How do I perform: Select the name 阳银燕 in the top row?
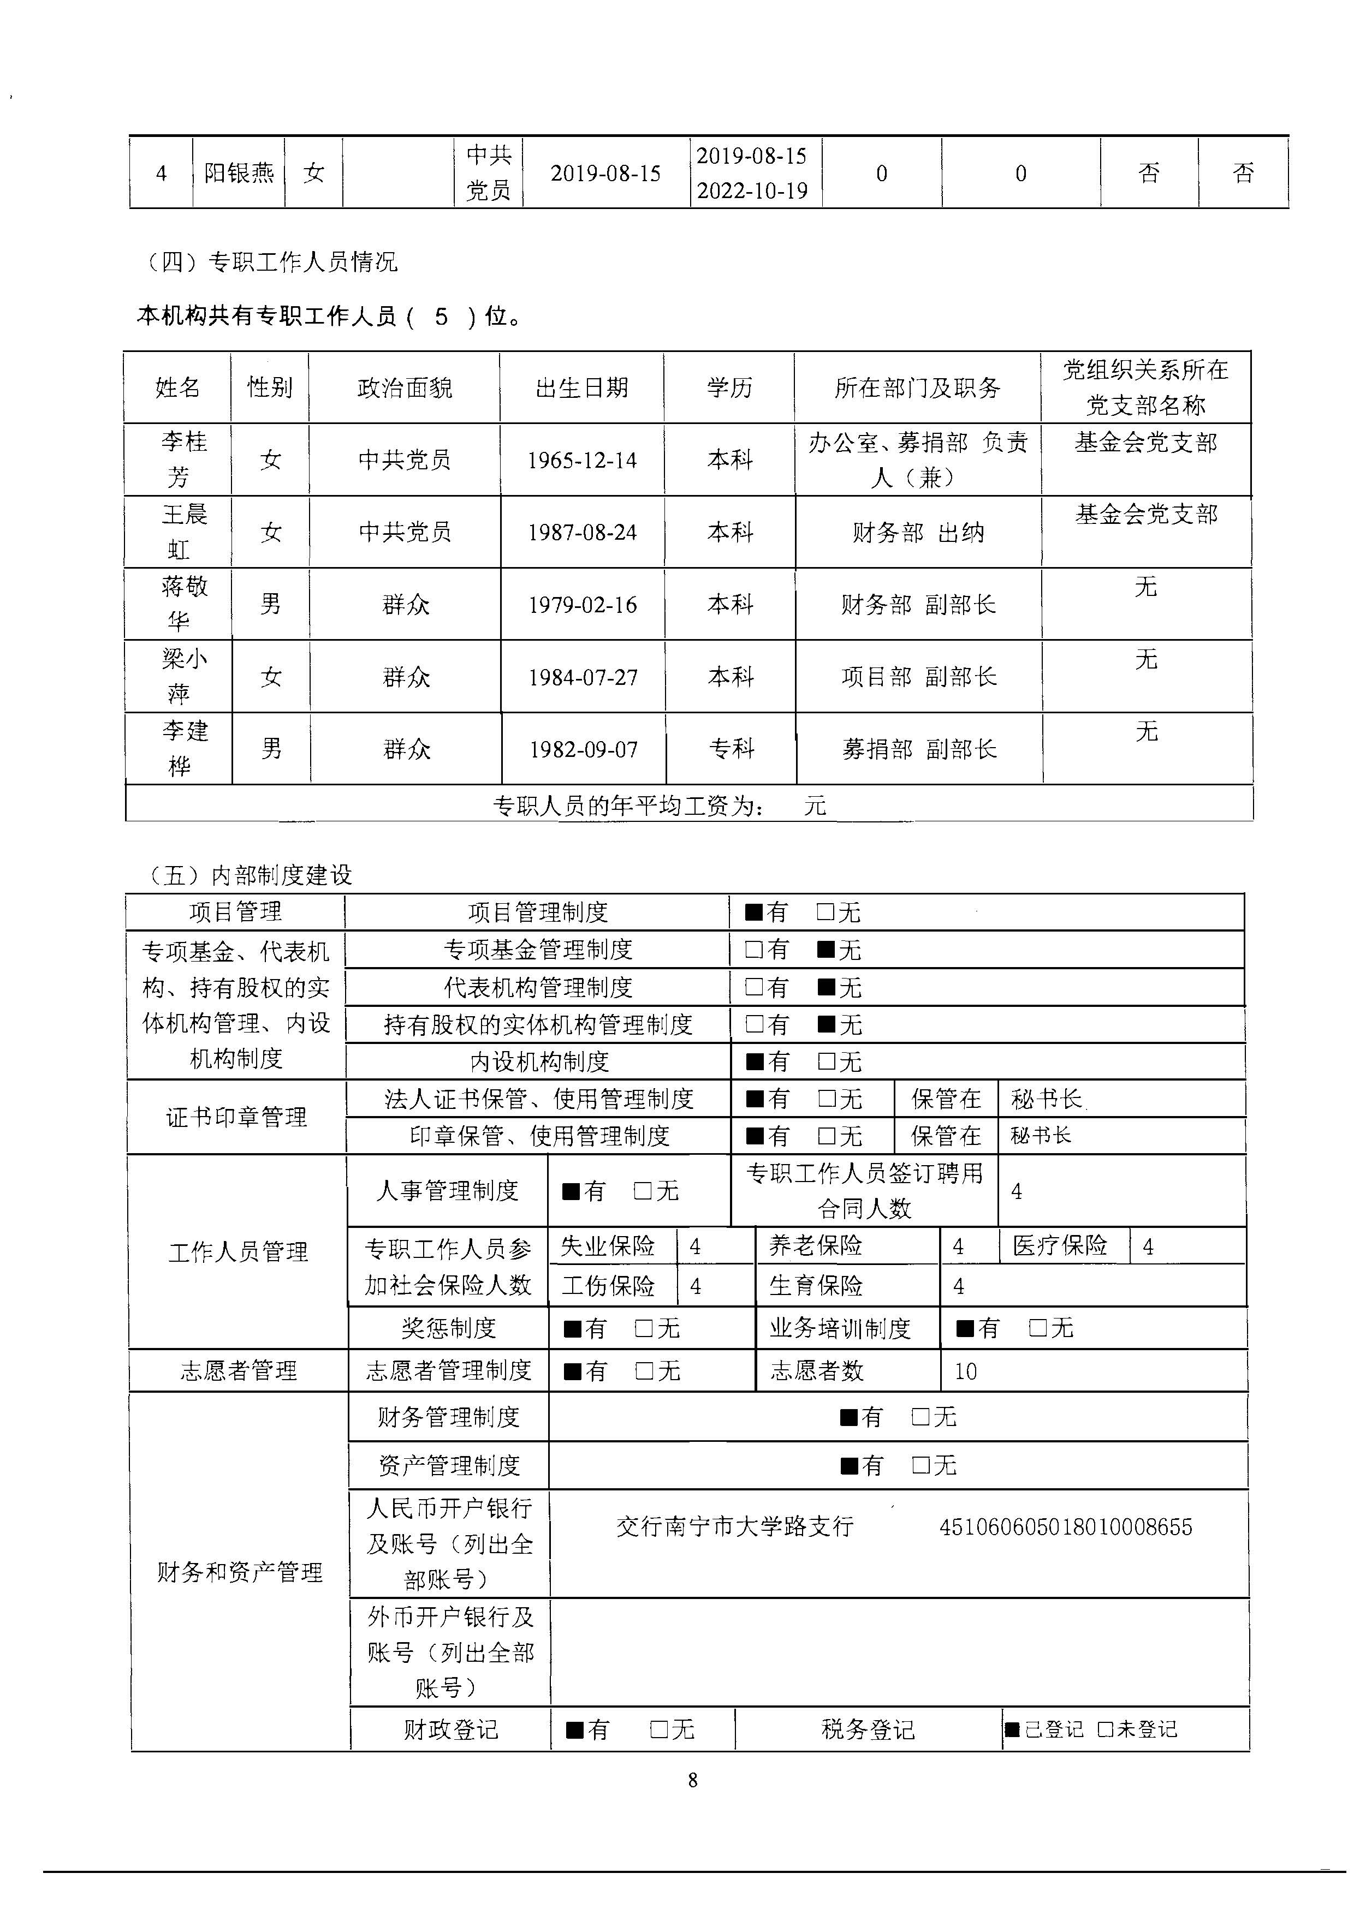[x=239, y=174]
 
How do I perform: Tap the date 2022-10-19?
[x=752, y=191]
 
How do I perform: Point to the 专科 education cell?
[x=731, y=749]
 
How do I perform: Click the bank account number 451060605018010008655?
[x=1065, y=1527]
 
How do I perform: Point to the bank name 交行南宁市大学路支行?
[x=735, y=1526]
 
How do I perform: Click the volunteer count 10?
[x=965, y=1371]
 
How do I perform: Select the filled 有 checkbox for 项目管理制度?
[x=753, y=912]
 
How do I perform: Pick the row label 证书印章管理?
[x=236, y=1118]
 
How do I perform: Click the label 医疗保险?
[x=1060, y=1246]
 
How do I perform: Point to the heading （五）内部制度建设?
[x=248, y=875]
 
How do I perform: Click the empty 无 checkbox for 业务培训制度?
[x=1038, y=1327]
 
